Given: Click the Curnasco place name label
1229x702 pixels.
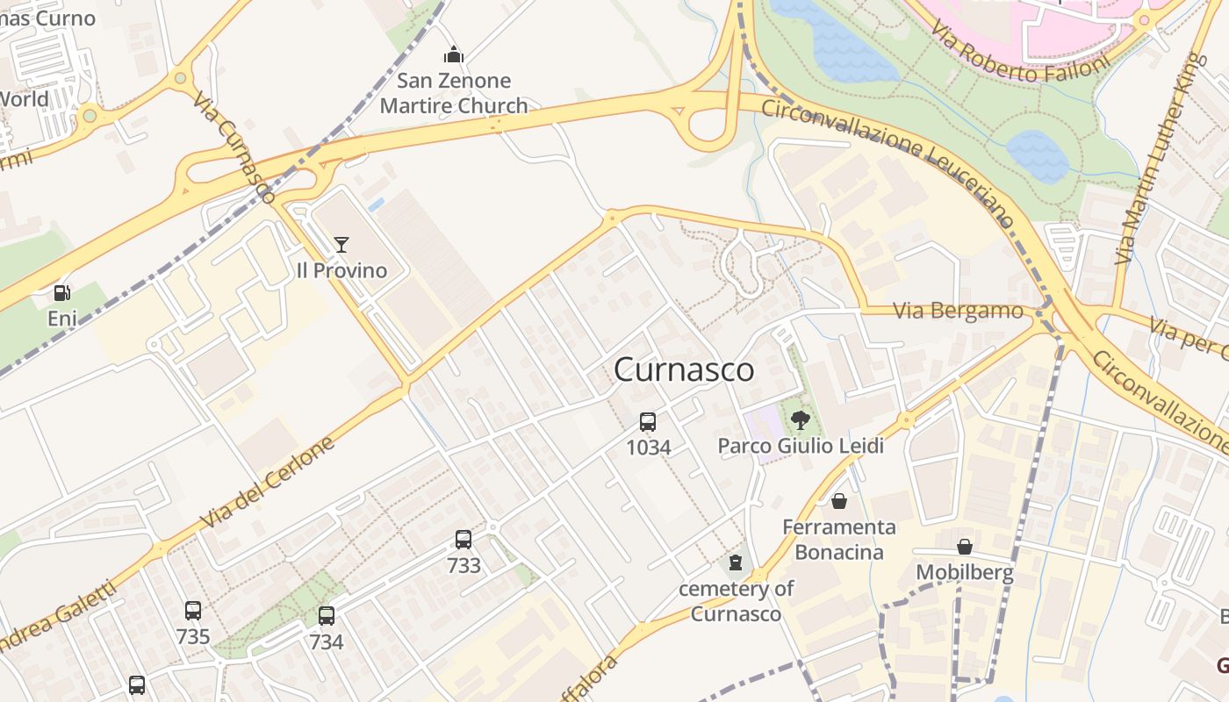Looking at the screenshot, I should click(684, 369).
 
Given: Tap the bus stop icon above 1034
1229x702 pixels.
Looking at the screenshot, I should click(648, 422).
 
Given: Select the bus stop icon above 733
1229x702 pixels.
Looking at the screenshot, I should click(464, 540).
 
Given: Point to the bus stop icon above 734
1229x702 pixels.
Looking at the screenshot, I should click(327, 616).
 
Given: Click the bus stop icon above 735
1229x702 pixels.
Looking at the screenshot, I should click(193, 611).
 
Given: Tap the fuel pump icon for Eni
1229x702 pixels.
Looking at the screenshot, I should click(62, 293).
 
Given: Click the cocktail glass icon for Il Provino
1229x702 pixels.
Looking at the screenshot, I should click(341, 245).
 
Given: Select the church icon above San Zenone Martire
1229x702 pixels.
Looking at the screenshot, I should click(454, 55).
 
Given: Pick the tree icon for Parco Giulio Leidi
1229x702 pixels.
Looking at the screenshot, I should click(800, 420).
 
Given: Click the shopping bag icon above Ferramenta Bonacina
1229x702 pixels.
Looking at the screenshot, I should click(839, 501).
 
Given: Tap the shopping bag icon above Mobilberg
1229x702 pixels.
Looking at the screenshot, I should click(965, 547).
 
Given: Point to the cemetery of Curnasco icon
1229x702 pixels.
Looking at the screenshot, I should click(736, 562).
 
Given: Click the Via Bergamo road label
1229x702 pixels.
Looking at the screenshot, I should click(958, 311).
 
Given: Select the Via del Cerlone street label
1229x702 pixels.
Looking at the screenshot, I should click(268, 483).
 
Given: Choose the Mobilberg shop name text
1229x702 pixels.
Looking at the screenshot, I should click(965, 573).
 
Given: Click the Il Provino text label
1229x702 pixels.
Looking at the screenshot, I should click(341, 270).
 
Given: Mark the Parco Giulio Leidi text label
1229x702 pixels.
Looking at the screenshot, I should click(800, 446).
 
